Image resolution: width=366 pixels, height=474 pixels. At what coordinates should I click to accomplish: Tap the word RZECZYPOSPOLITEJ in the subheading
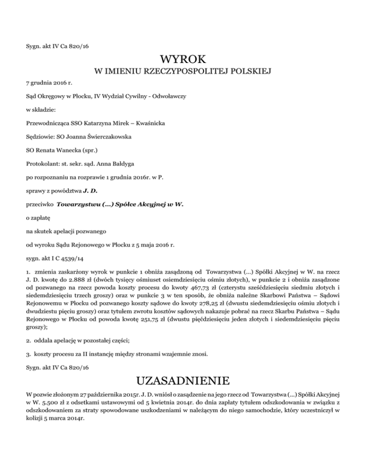pos(180,72)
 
